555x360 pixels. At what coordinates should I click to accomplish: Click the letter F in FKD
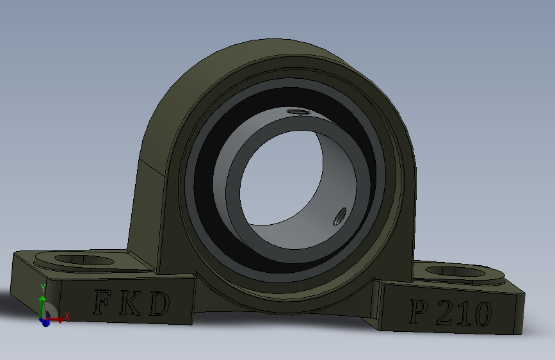click(x=102, y=302)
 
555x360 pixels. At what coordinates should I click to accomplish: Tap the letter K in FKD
click(x=130, y=303)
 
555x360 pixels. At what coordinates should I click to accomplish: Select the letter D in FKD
click(x=159, y=304)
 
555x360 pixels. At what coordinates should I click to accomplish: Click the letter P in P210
click(x=419, y=311)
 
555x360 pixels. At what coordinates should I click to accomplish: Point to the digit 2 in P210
click(x=444, y=313)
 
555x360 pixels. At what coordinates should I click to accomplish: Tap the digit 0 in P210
click(x=482, y=315)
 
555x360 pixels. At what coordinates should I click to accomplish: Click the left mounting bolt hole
click(x=84, y=259)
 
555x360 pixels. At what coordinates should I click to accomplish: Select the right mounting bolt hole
click(x=455, y=272)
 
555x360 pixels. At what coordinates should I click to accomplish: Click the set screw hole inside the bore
click(x=340, y=216)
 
